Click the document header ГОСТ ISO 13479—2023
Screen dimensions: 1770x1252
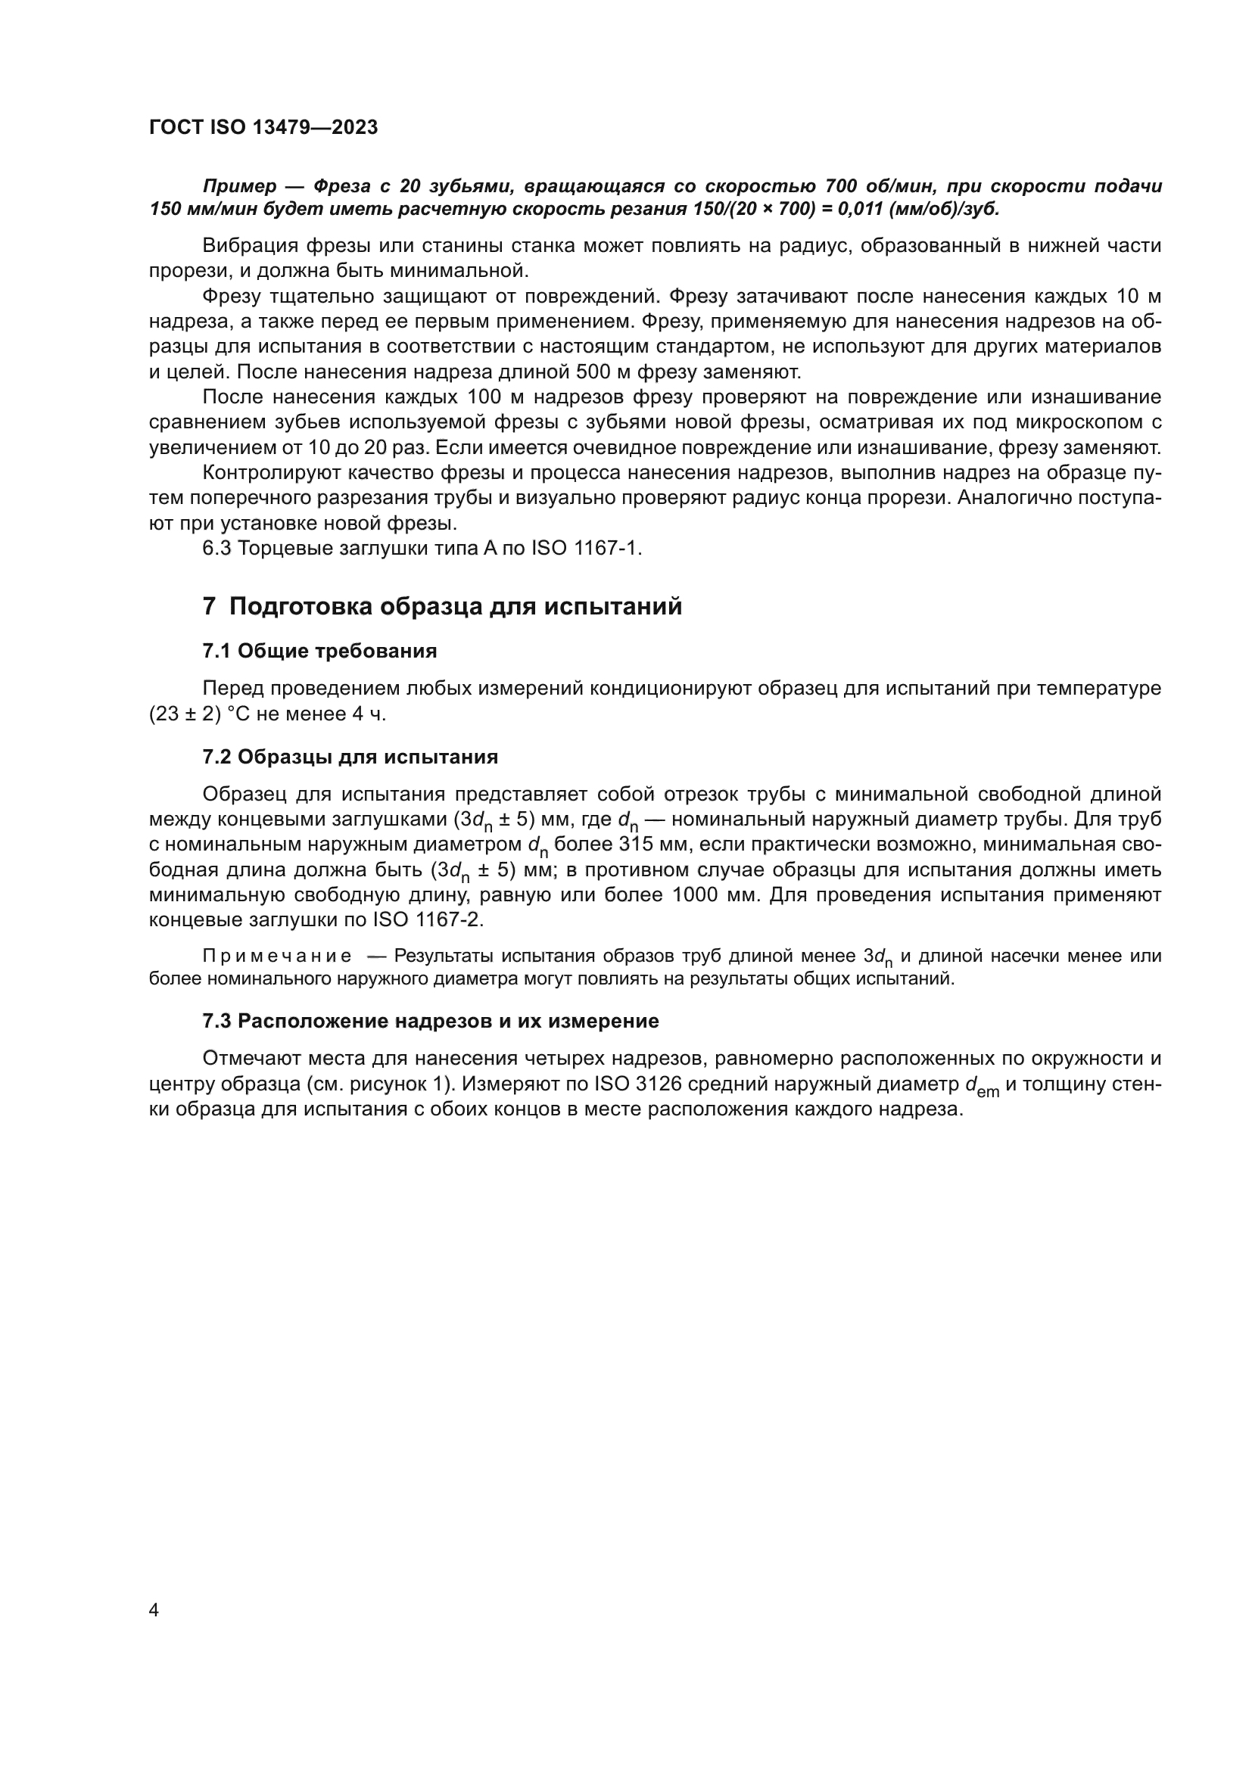click(263, 128)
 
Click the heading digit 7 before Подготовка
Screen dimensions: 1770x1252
click(209, 607)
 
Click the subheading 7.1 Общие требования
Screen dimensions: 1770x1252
click(319, 652)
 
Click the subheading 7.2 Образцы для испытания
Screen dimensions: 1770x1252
click(350, 757)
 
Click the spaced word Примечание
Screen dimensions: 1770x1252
click(277, 957)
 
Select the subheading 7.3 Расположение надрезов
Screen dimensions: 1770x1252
click(430, 1022)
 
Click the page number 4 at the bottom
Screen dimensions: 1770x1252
click(154, 1610)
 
